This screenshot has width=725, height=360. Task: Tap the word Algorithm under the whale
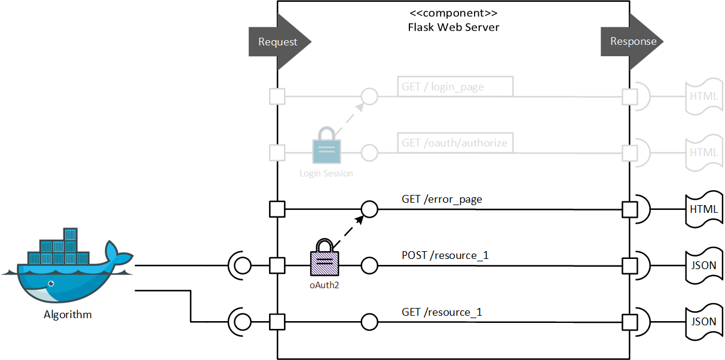[x=68, y=315]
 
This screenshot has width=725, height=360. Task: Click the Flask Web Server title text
[x=453, y=27]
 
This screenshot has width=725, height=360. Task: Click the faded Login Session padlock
[x=326, y=145]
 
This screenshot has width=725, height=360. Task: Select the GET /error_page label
[x=442, y=199]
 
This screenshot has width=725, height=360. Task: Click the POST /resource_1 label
[x=445, y=255]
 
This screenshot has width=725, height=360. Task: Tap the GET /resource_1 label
[x=442, y=312]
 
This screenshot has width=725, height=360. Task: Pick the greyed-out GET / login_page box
[x=454, y=87]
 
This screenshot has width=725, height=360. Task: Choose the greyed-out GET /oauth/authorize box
[x=454, y=143]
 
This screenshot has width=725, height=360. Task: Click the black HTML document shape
[x=704, y=209]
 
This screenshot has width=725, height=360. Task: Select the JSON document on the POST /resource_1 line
[x=704, y=266]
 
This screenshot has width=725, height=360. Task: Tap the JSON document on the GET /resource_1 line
[x=704, y=322]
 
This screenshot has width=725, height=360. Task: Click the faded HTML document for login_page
[x=704, y=96]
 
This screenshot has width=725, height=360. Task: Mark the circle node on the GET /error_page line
[x=369, y=209]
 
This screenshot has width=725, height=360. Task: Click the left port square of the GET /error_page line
[x=277, y=209]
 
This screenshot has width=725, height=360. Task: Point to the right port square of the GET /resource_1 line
[x=630, y=322]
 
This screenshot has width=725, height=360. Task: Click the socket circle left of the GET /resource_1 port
[x=242, y=322]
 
